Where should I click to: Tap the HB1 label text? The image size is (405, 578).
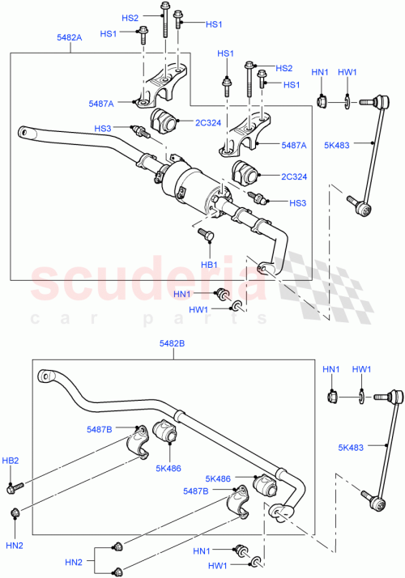209,264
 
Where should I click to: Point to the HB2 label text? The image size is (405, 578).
11,460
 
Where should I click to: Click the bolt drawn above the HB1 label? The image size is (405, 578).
205,235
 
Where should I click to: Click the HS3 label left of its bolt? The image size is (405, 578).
103,128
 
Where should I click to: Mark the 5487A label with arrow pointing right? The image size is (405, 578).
101,103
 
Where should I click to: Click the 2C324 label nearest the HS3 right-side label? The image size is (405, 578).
294,176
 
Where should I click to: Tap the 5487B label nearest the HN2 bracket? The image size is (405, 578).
196,491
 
